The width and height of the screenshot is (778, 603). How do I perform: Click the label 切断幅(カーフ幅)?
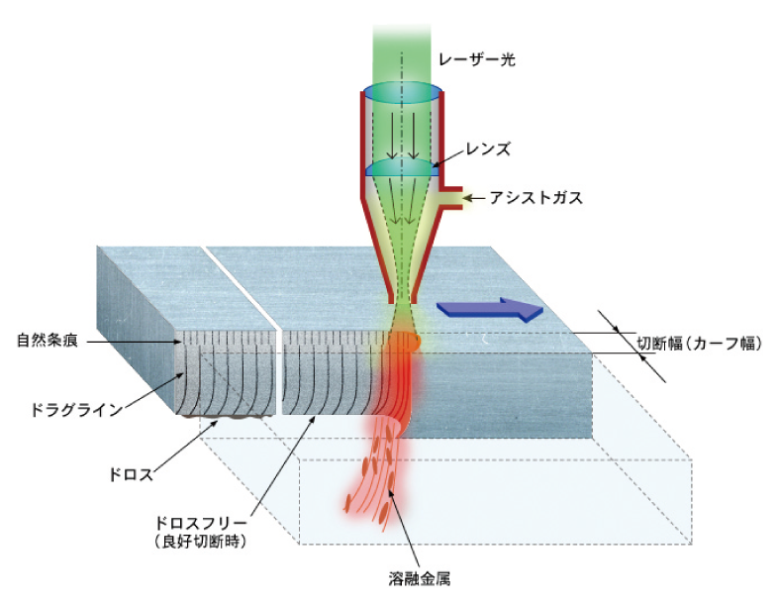click(699, 344)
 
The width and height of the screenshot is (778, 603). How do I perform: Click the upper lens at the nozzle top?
click(401, 92)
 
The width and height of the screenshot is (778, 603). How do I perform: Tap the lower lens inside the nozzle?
click(401, 169)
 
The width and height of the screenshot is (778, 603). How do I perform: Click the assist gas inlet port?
click(453, 198)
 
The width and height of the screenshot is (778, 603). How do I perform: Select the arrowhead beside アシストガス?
click(470, 198)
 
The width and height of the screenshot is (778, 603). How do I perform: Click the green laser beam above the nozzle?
click(401, 40)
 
